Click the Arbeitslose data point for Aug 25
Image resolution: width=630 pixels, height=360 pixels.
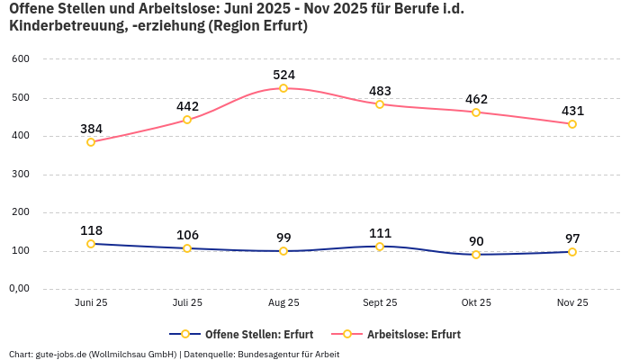coord(283,88)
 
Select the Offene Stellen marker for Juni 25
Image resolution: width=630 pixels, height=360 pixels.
coord(91,244)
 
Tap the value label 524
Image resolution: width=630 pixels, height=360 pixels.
coord(283,75)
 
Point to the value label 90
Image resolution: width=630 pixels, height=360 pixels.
coord(476,241)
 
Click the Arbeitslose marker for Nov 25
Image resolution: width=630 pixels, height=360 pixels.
coord(572,124)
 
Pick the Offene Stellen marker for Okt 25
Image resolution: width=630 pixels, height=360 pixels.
coord(476,255)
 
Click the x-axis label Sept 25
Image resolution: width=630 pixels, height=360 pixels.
coord(380,303)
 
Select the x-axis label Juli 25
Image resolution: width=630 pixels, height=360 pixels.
coord(187,303)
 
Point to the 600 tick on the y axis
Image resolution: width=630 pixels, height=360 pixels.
coord(21,59)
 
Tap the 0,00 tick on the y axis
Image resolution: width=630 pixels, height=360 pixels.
coord(19,289)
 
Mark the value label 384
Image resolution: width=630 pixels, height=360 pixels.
coord(91,129)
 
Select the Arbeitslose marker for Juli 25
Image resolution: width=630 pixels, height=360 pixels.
coord(187,120)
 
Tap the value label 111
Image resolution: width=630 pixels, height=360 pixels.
coord(380,233)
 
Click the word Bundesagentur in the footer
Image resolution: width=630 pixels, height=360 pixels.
coord(269,355)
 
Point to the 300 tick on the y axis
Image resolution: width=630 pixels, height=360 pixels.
coord(21,175)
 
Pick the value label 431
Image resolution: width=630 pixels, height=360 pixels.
coord(572,111)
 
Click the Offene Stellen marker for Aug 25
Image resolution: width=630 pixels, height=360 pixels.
coord(283,251)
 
